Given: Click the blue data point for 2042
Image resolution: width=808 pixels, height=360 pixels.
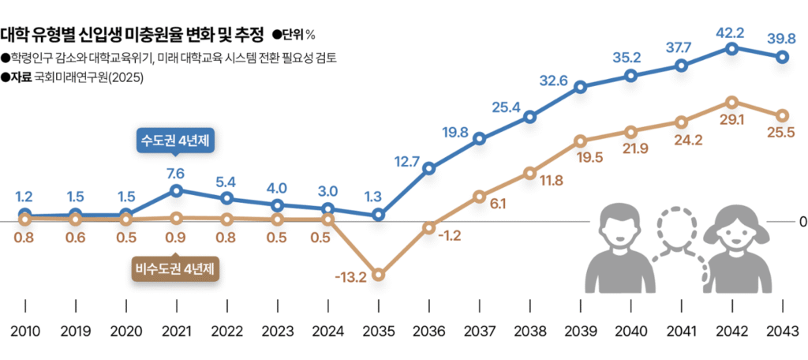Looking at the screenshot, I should [x=732, y=49].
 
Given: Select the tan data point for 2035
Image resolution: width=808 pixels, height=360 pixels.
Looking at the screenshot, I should [x=379, y=275].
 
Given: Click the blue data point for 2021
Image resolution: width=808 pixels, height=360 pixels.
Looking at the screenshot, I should [x=177, y=190].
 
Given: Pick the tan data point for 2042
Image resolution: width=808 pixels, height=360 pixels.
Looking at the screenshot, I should [x=732, y=103].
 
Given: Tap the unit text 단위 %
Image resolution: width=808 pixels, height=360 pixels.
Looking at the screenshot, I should [x=294, y=34].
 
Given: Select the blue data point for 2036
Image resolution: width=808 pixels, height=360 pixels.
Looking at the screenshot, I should [x=429, y=168].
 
